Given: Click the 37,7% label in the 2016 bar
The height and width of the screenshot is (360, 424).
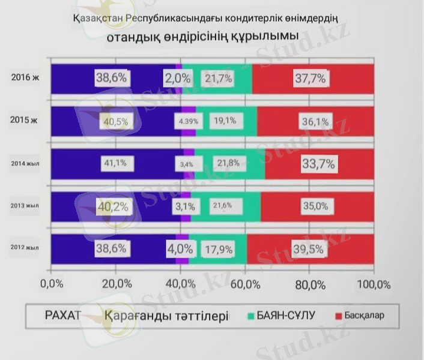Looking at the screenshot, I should pyautogui.click(x=313, y=78).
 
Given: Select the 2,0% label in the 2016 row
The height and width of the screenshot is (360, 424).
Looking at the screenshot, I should pyautogui.click(x=178, y=78).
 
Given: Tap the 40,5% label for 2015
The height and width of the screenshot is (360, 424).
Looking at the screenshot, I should pyautogui.click(x=116, y=121).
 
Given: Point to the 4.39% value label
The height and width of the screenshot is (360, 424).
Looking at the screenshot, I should pyautogui.click(x=189, y=121).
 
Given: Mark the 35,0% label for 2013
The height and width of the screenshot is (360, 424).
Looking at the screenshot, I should pyautogui.click(x=315, y=206).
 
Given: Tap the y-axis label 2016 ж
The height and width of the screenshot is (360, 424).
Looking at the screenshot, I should pyautogui.click(x=24, y=77).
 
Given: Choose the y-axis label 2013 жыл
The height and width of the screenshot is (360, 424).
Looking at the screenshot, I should pyautogui.click(x=25, y=206).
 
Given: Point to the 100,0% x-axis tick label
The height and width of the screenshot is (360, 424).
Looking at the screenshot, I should pyautogui.click(x=374, y=283).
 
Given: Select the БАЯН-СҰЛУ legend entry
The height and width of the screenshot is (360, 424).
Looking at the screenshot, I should pyautogui.click(x=286, y=315).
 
